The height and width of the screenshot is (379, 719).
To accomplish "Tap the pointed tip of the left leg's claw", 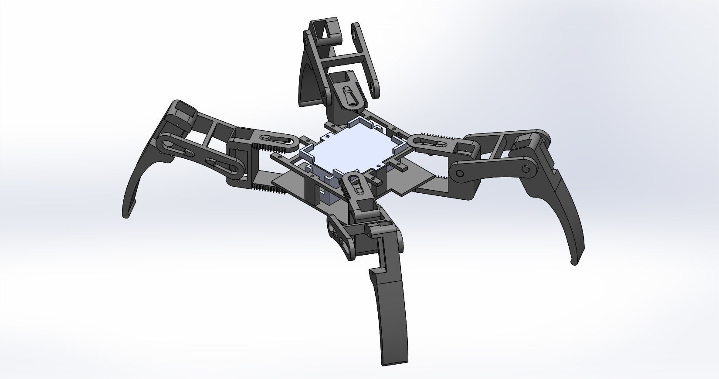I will tap(126, 216).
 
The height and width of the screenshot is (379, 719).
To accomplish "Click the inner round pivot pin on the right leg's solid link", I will tap(459, 174).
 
